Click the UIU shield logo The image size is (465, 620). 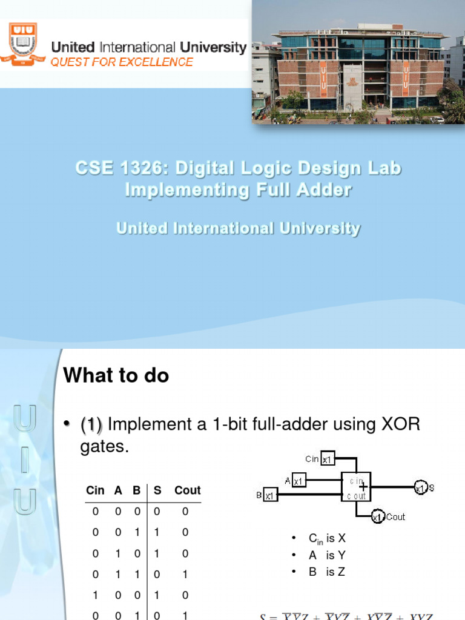point(23,44)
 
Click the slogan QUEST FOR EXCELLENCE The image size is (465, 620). point(122,62)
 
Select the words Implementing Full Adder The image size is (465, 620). point(238,190)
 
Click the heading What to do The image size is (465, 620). point(116,376)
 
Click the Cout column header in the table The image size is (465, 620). point(187,490)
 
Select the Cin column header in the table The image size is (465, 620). point(95,490)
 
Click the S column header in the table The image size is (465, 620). point(157,490)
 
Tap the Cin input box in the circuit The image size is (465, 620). point(327,459)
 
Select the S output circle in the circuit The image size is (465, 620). point(420,487)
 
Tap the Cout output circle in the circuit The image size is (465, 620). point(377,516)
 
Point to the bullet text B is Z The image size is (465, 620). point(326,572)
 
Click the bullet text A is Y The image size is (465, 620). point(326,555)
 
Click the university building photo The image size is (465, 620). point(358,62)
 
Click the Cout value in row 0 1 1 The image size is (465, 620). point(185,575)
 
